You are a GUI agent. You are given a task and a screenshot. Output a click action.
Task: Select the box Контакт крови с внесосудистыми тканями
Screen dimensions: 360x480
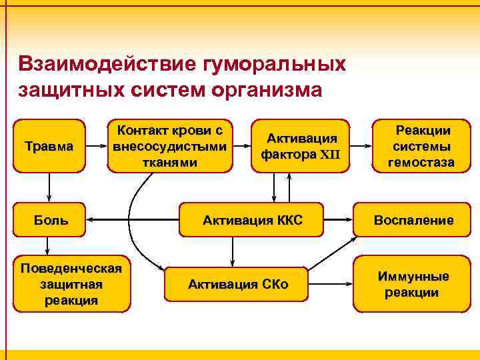point(169,145)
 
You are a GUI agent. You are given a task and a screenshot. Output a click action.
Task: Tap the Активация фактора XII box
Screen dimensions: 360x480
point(301,146)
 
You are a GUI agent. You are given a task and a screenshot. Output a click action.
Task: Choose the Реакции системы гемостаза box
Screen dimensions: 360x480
point(423,146)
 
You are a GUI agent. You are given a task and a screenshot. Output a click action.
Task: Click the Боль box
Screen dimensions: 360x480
point(51,220)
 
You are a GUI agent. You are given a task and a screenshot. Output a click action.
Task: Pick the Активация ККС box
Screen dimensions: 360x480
point(253,220)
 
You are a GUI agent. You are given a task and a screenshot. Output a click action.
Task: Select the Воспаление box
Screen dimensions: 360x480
point(413,220)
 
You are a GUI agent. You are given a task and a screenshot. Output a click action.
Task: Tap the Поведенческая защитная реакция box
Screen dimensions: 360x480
point(71,284)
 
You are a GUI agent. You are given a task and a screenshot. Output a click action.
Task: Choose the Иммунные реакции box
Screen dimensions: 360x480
point(413,285)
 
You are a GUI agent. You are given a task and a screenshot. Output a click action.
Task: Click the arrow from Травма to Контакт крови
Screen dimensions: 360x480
point(97,145)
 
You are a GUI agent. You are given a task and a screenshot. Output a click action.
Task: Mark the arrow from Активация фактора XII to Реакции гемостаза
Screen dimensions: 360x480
point(360,145)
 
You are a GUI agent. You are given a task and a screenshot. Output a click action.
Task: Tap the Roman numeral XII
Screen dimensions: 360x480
point(330,154)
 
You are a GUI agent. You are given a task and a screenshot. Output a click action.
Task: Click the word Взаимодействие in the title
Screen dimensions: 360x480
point(99,65)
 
